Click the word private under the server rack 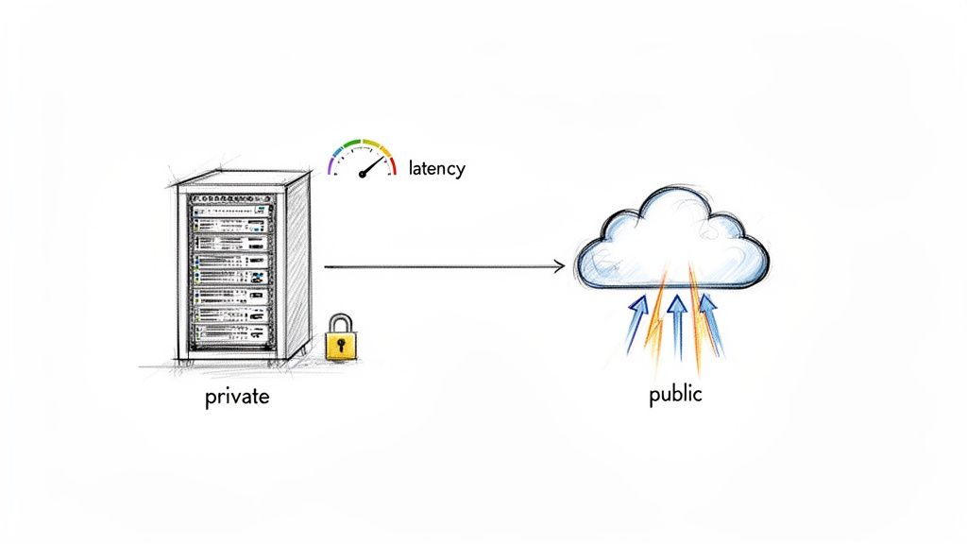[x=237, y=397]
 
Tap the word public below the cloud [x=675, y=394]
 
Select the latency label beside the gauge [x=436, y=169]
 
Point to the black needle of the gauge [x=373, y=168]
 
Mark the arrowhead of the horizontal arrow [x=559, y=267]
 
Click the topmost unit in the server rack [x=232, y=201]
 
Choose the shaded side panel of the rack [x=297, y=269]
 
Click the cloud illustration [x=672, y=241]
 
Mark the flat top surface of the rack [x=244, y=177]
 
